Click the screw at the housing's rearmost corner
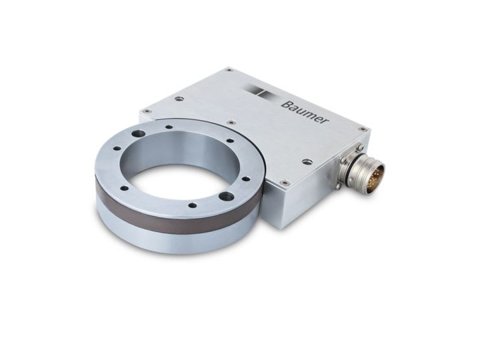click(229, 69)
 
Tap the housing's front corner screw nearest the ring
click(285, 182)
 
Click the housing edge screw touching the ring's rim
click(231, 122)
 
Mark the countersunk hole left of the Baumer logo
click(179, 99)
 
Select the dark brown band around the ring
click(173, 213)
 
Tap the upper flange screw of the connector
click(359, 148)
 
